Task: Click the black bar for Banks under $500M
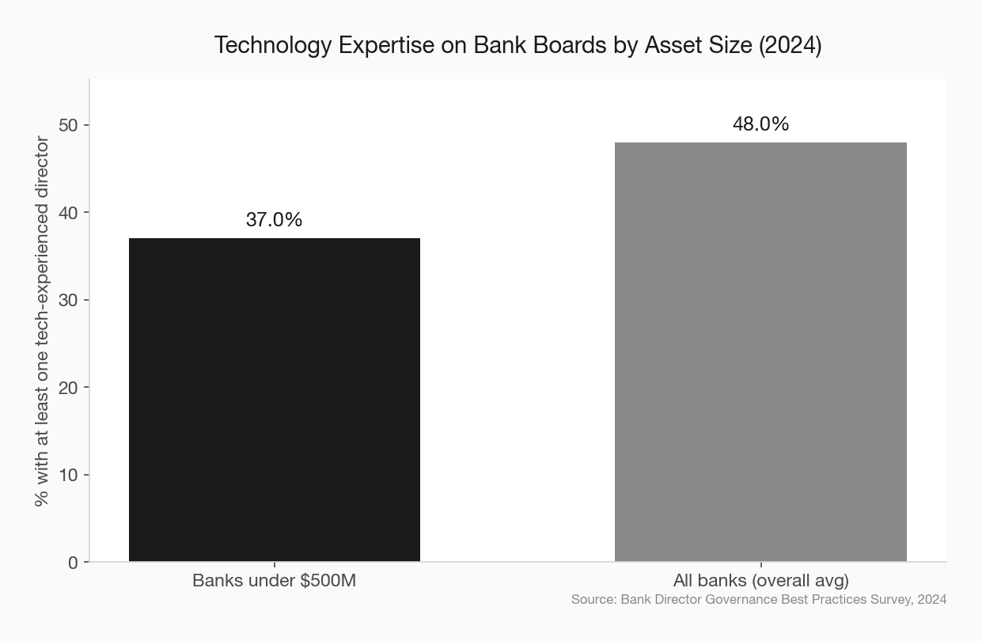275,400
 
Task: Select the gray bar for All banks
760,351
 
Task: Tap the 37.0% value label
274,220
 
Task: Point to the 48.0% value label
760,124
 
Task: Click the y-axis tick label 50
67,125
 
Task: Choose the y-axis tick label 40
67,213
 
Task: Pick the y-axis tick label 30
67,301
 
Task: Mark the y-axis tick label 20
67,388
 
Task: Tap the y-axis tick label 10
67,475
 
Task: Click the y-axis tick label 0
73,563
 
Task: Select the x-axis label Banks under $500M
274,581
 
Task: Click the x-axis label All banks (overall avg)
760,581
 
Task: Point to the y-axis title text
42,321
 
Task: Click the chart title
518,45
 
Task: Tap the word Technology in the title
273,45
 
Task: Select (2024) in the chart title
791,45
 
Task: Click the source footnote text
758,599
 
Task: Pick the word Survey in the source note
890,599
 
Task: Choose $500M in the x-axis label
328,581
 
